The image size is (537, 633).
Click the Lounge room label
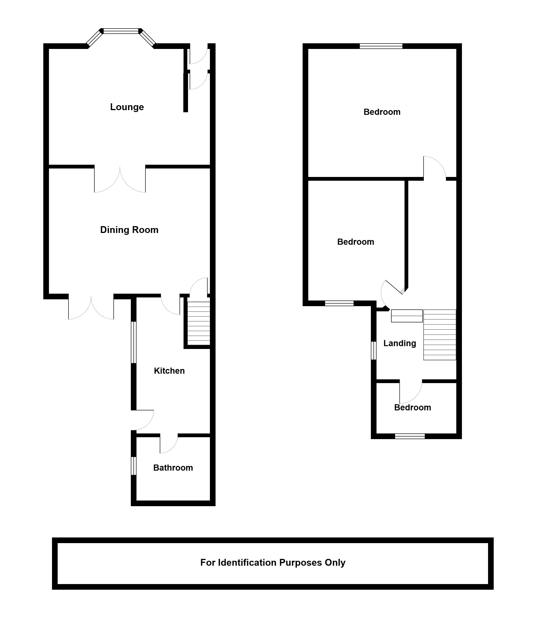pos(127,107)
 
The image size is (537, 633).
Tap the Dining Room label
pos(129,230)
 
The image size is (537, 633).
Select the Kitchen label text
pos(169,371)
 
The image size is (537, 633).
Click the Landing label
pos(400,344)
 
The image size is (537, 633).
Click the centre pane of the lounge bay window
pos(121,31)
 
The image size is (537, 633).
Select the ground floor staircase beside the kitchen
pos(198,323)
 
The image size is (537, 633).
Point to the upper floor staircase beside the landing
pos(440,335)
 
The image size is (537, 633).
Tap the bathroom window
pos(133,466)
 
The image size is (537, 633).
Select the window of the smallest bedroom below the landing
pos(410,436)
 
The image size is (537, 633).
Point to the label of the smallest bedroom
pos(413,408)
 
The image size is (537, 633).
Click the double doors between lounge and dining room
pos(120,180)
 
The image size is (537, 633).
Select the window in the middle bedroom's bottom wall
pos(339,303)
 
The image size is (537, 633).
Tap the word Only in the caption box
pos(335,563)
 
